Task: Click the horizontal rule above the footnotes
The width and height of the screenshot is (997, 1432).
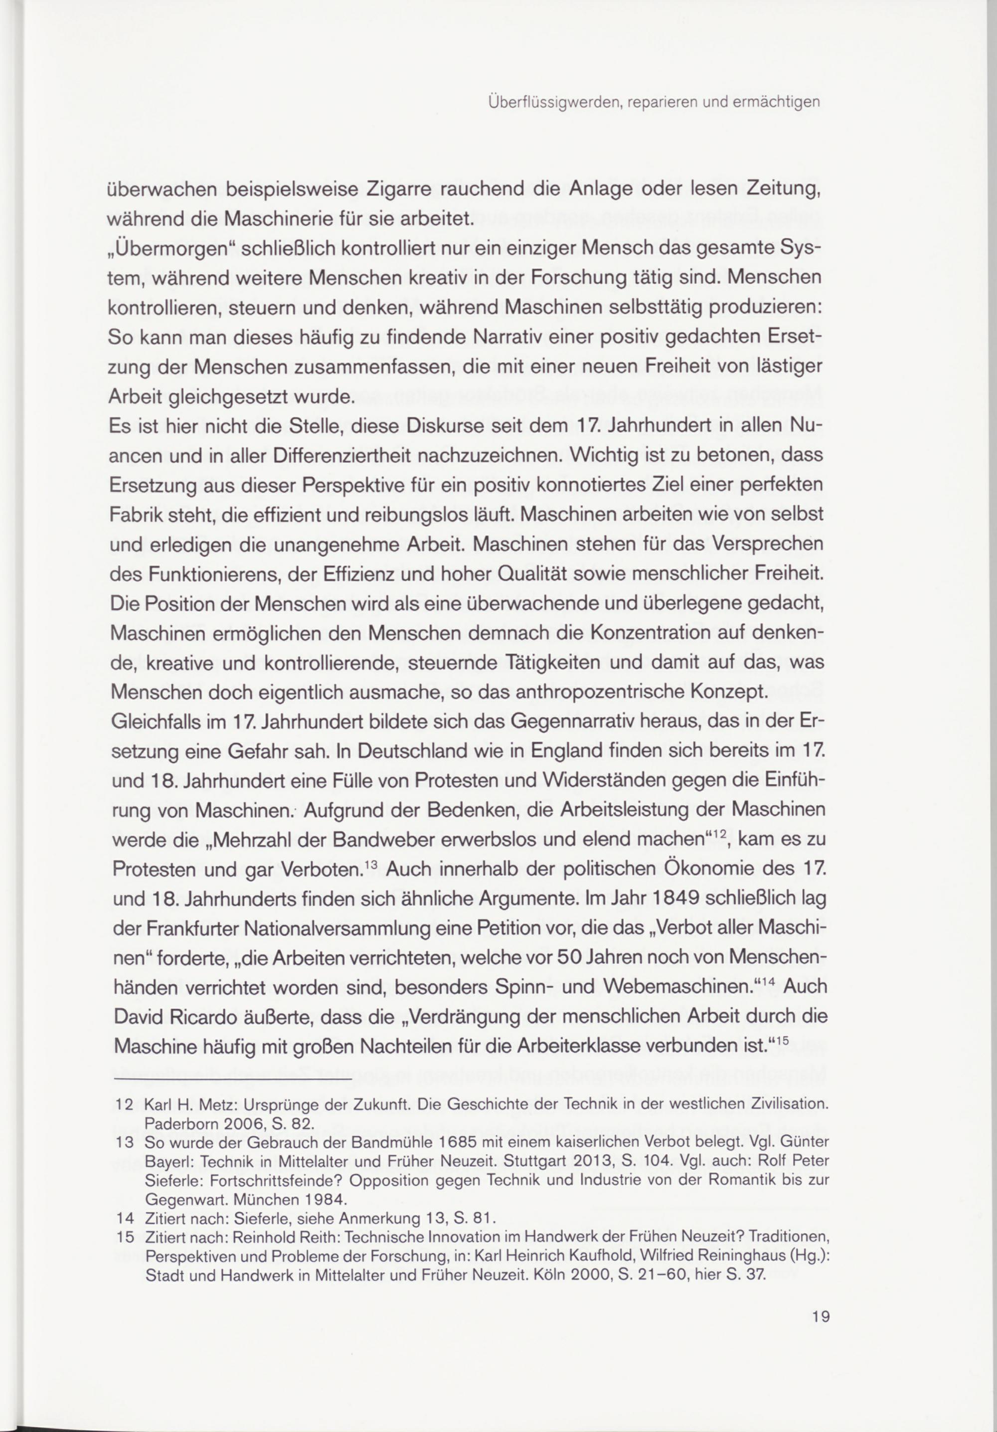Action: tap(230, 1079)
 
